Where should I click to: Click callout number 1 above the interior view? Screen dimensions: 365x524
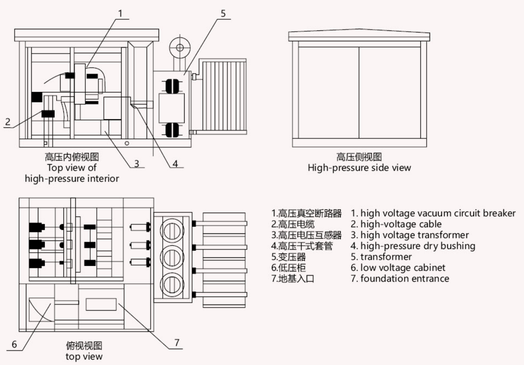[x=120, y=14]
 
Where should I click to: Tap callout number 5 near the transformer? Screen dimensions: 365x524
[x=223, y=13]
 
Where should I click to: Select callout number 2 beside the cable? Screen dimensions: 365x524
[x=8, y=122]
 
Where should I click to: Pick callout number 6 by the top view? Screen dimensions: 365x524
[x=14, y=344]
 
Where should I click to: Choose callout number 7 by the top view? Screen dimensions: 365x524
[x=177, y=343]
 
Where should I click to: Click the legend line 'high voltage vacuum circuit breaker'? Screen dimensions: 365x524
[x=433, y=213]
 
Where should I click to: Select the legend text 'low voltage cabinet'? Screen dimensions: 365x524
[x=398, y=268]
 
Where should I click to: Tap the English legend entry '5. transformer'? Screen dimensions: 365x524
[x=381, y=257]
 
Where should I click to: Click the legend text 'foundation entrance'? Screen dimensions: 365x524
[x=400, y=278]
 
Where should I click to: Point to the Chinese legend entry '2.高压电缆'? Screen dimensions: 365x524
[x=293, y=224]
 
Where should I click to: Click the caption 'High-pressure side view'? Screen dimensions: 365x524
[x=359, y=168]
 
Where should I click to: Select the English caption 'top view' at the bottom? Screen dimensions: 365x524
[x=84, y=357]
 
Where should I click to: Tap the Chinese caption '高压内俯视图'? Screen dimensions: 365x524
[x=72, y=157]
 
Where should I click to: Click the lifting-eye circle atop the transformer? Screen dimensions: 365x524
[x=180, y=48]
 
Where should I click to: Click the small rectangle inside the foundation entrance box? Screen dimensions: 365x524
[x=101, y=304]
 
